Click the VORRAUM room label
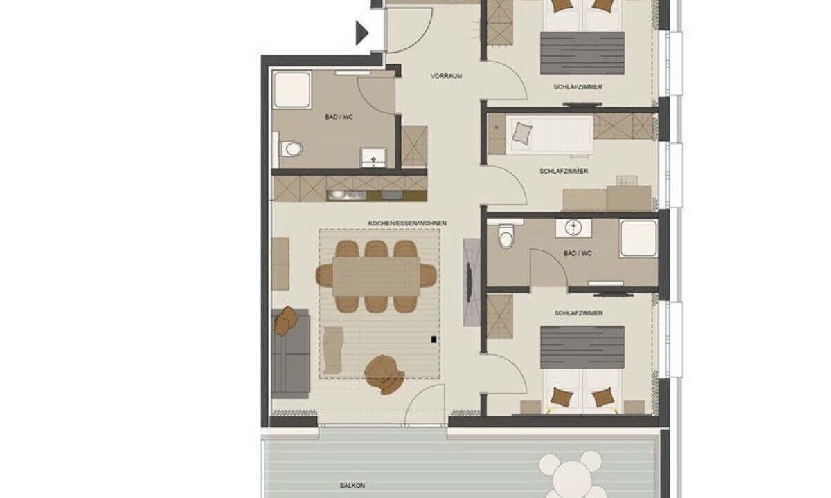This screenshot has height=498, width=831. [446, 76]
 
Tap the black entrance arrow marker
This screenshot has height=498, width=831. [362, 33]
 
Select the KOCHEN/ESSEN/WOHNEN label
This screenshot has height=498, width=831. [407, 223]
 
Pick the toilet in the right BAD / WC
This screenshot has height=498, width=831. [506, 236]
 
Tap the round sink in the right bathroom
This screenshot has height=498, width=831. [573, 227]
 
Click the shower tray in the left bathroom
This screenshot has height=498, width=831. [292, 90]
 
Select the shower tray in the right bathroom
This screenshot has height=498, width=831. [638, 238]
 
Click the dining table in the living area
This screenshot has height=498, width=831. [376, 277]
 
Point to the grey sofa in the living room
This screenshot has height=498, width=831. [291, 354]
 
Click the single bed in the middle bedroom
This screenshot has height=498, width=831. [549, 134]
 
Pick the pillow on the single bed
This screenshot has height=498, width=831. [522, 133]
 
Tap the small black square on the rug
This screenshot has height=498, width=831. [434, 339]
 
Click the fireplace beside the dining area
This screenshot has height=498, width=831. [472, 282]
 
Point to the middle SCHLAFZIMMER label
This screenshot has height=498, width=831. [564, 172]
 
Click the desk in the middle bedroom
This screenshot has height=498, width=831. [607, 199]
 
